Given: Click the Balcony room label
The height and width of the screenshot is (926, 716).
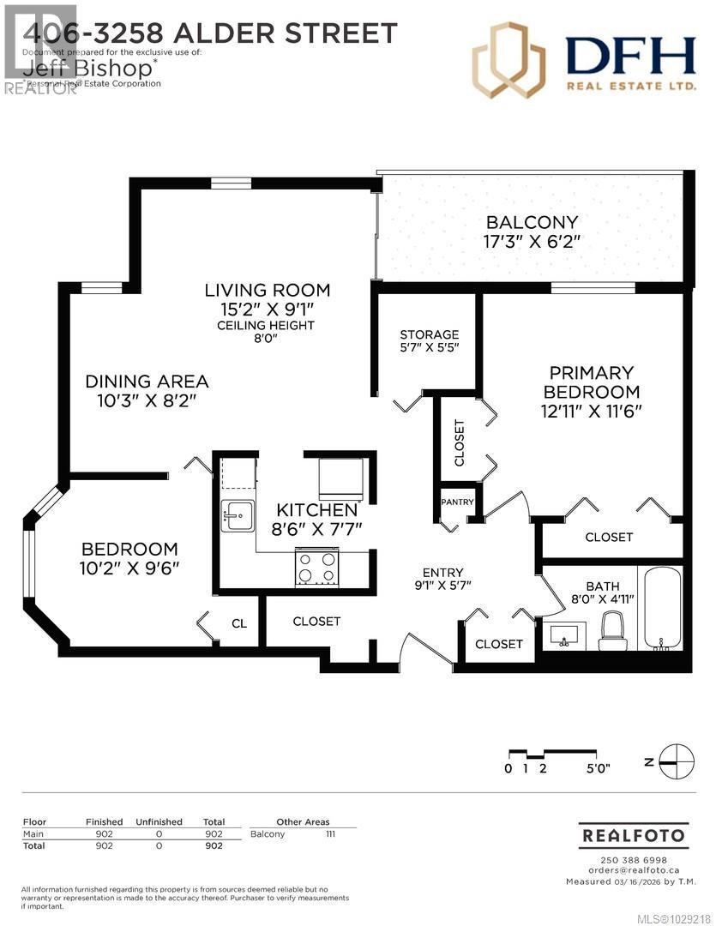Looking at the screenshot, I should coord(532,223).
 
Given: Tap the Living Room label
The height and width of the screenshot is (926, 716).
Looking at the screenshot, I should coord(267,290).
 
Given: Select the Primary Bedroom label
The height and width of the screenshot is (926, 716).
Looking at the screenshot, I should coord(592,382).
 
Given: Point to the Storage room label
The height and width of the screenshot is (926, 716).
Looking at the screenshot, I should coord(430,334).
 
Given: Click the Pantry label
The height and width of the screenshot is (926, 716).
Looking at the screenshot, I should coord(457,502).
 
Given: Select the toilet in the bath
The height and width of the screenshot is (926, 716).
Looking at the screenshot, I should coord(613,632).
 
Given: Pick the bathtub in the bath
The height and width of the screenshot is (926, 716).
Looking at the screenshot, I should coord(663,606).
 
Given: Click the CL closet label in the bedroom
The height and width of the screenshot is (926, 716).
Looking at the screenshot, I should coord(239,623).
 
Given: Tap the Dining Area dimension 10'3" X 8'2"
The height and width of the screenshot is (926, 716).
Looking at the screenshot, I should coord(147,400).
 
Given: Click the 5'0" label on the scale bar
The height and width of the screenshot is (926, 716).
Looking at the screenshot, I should coord(598,768).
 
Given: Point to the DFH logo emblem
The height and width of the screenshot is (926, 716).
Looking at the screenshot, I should coord(508,60).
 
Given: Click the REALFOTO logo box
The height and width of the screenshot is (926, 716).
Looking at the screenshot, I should coord(634,834).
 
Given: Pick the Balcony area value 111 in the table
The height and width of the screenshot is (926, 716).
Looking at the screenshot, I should coord(330,833).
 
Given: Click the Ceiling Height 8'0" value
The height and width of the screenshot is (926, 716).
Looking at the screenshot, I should coord(266,338).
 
